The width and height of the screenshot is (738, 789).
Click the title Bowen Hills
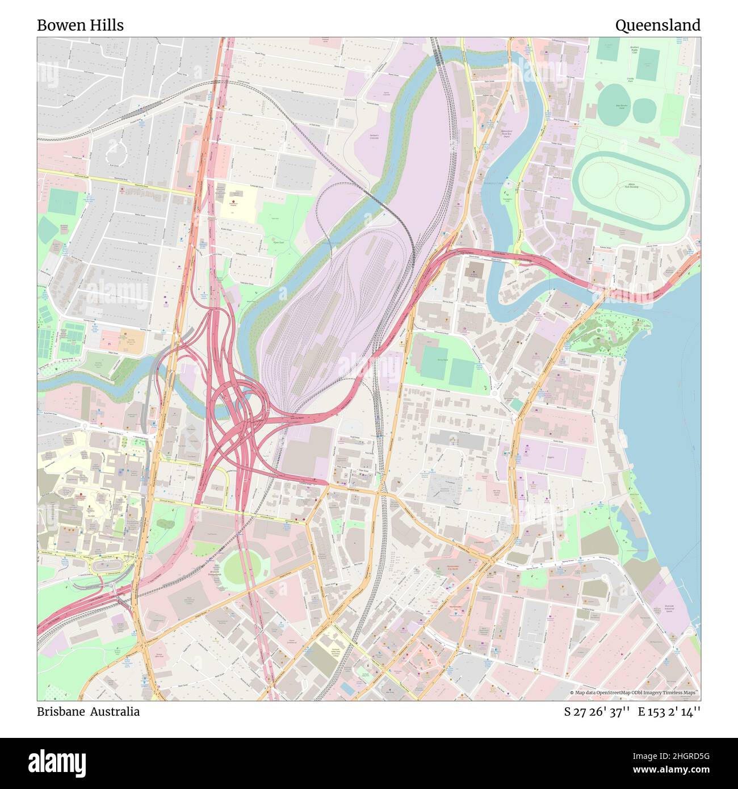point(80,25)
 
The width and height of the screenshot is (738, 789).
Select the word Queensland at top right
point(657,25)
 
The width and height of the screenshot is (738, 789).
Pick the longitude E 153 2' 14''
point(669,711)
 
